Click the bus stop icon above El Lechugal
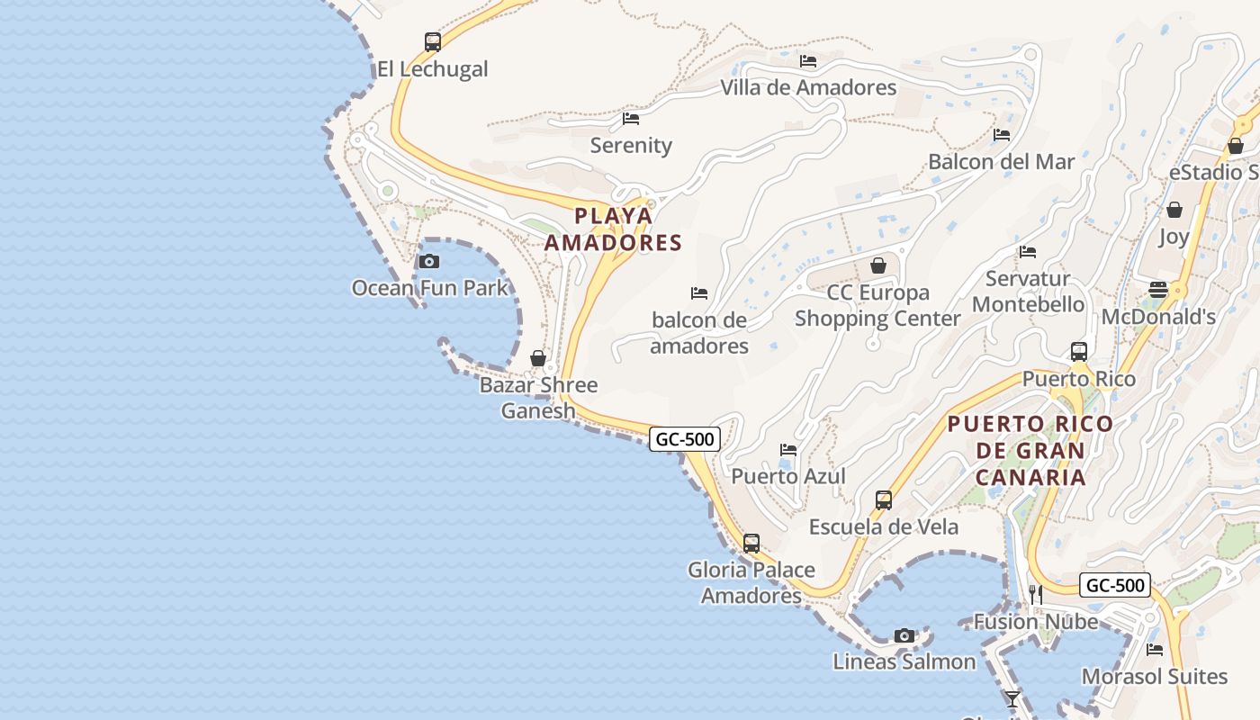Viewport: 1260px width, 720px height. point(433,41)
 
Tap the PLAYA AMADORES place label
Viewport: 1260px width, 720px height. point(613,229)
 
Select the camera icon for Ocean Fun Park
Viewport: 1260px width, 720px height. point(429,262)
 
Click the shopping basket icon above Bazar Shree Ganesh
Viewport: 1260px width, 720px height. point(538,358)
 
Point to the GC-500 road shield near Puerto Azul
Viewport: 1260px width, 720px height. point(685,439)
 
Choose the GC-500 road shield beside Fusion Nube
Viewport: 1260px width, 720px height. point(1115,585)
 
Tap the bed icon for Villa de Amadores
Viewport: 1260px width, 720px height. point(808,61)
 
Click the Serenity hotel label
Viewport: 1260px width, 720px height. point(631,145)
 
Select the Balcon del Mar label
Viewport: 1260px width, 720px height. point(1001,162)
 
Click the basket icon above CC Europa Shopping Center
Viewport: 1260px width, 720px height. point(878,265)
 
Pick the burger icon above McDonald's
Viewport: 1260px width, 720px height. point(1157,290)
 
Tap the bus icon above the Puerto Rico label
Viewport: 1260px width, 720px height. point(1079,352)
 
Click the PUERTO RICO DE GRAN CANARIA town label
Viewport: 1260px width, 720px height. point(1030,450)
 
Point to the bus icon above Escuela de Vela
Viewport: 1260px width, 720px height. point(884,500)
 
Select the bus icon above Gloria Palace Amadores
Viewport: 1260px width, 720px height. point(751,544)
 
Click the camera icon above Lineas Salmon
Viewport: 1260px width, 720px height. point(904,635)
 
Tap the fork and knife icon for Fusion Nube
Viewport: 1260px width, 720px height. point(1036,594)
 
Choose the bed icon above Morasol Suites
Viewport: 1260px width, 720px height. point(1155,649)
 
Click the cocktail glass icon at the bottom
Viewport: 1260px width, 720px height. point(1012,698)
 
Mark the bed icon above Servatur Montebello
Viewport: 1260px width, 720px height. point(1028,252)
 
